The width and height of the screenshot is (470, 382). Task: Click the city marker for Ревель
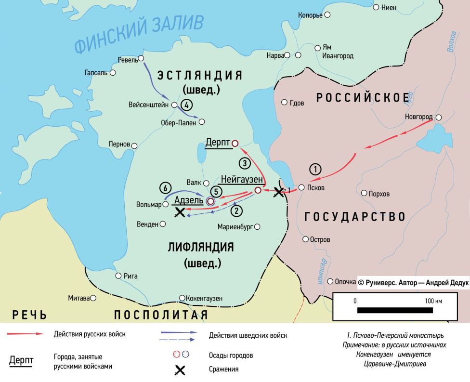pos(142,60)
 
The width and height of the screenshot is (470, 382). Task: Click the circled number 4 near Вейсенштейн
pos(187,105)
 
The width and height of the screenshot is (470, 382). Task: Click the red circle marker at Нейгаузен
pos(258,191)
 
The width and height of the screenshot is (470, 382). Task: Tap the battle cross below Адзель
pos(180,212)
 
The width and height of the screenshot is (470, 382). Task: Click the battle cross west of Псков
pos(278,192)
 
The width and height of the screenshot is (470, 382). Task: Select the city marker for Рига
pos(118,276)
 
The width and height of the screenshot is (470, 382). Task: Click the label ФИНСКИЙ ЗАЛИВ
pos(140,34)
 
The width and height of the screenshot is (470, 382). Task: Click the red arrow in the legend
pos(28,333)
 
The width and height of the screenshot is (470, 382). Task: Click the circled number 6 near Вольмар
pos(165,187)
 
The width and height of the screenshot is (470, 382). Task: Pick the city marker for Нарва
pos(287,55)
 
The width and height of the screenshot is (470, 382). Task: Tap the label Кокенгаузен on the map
pos(204,298)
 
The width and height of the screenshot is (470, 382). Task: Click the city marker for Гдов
pos(284,102)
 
